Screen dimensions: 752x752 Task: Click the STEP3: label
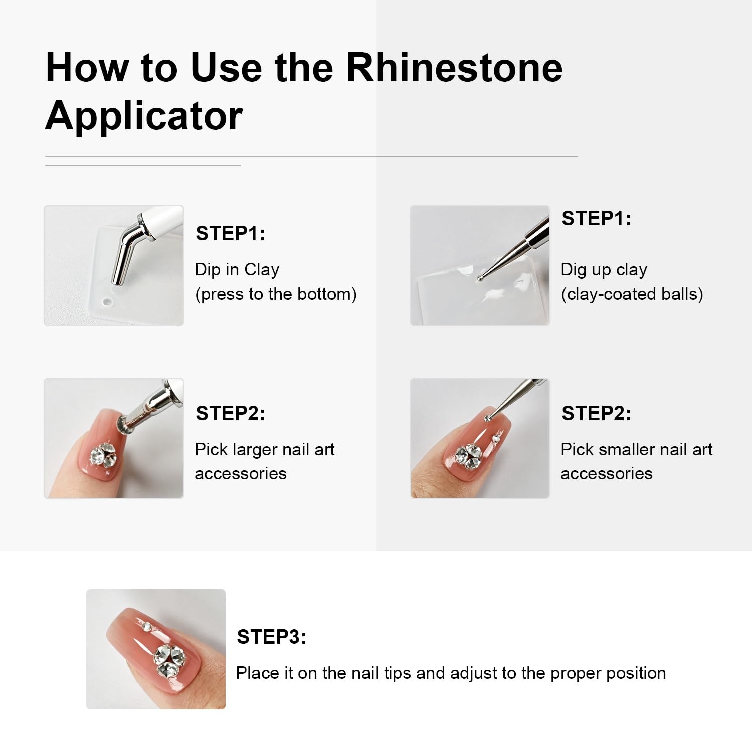coord(271,637)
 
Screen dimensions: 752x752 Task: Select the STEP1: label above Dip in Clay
coord(230,233)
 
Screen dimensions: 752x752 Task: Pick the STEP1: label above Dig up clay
coord(596,218)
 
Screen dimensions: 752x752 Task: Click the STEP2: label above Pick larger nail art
coord(230,413)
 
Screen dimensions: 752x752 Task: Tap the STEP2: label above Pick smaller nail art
coord(596,413)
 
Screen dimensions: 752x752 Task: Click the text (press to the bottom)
coord(276,294)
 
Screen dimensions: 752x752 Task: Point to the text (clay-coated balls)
coord(632,294)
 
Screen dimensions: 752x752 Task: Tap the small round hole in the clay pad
coord(107,302)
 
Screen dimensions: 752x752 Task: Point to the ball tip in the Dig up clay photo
coord(480,278)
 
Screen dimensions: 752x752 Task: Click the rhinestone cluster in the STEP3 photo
coord(169,660)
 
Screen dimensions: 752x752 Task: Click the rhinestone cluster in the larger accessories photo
coord(103,455)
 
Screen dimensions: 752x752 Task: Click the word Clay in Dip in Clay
coord(262,270)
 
